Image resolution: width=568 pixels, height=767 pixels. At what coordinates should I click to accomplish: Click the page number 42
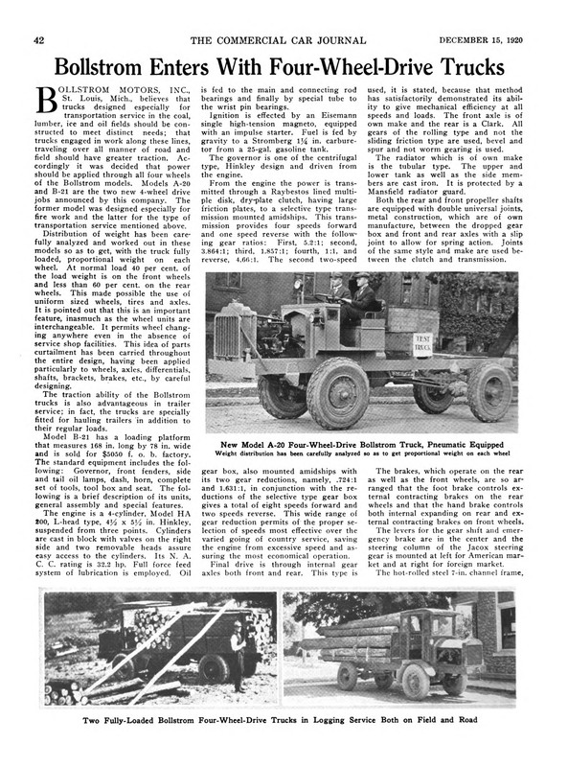(39, 39)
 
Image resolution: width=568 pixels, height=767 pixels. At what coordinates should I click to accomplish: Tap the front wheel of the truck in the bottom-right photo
(414, 683)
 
